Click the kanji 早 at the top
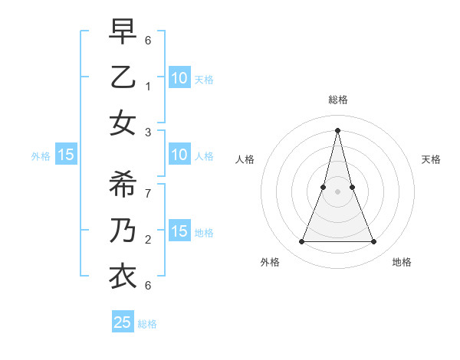pos(123,32)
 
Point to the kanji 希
pos(123,185)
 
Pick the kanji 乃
pos(123,231)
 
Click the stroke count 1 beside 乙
pos(148,85)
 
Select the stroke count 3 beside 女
pos(148,132)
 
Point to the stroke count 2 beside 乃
pos(148,239)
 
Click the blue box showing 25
pos(123,322)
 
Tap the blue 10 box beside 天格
pos(179,77)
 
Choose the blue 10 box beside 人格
pos(179,155)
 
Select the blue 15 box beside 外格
pos(66,155)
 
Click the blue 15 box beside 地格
pos(179,231)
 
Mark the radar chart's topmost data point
pos(337,129)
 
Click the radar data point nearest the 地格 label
pos(374,242)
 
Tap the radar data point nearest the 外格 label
pos(301,242)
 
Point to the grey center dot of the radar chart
pos(337,191)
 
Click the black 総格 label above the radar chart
pos(337,100)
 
